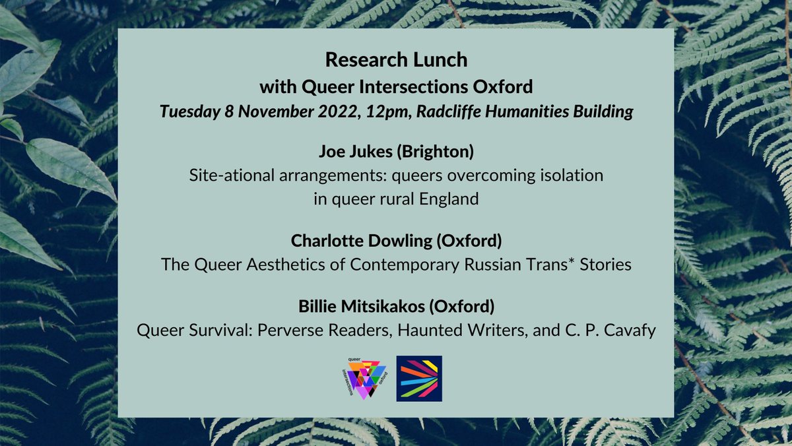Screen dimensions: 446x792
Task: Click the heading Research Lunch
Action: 396,60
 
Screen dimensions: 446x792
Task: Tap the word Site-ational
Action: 226,176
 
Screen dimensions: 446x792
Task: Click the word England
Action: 449,199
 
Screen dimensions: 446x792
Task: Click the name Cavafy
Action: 631,330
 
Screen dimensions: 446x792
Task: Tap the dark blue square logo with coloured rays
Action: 419,379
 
